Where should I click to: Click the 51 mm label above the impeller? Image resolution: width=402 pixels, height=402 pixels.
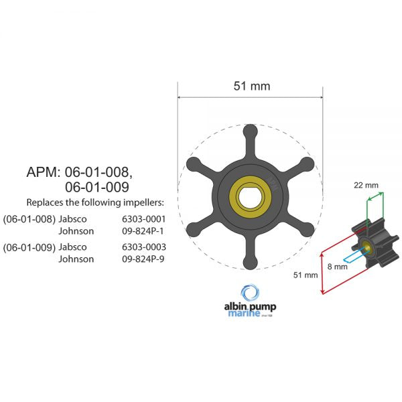pos(251,86)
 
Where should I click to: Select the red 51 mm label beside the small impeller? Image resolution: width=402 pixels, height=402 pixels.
pos(306,275)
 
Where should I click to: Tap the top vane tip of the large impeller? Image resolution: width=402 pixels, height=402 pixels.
pos(249,132)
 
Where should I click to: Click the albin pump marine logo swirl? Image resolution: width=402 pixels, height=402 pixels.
pos(251,293)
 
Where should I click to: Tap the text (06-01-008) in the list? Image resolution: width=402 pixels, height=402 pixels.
pos(29,218)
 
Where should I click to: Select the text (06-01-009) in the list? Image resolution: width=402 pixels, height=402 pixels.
pos(29,247)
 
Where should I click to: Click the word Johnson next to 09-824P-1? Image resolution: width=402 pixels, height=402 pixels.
pos(76,231)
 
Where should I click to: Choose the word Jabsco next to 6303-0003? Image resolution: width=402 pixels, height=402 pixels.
pos(74,247)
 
